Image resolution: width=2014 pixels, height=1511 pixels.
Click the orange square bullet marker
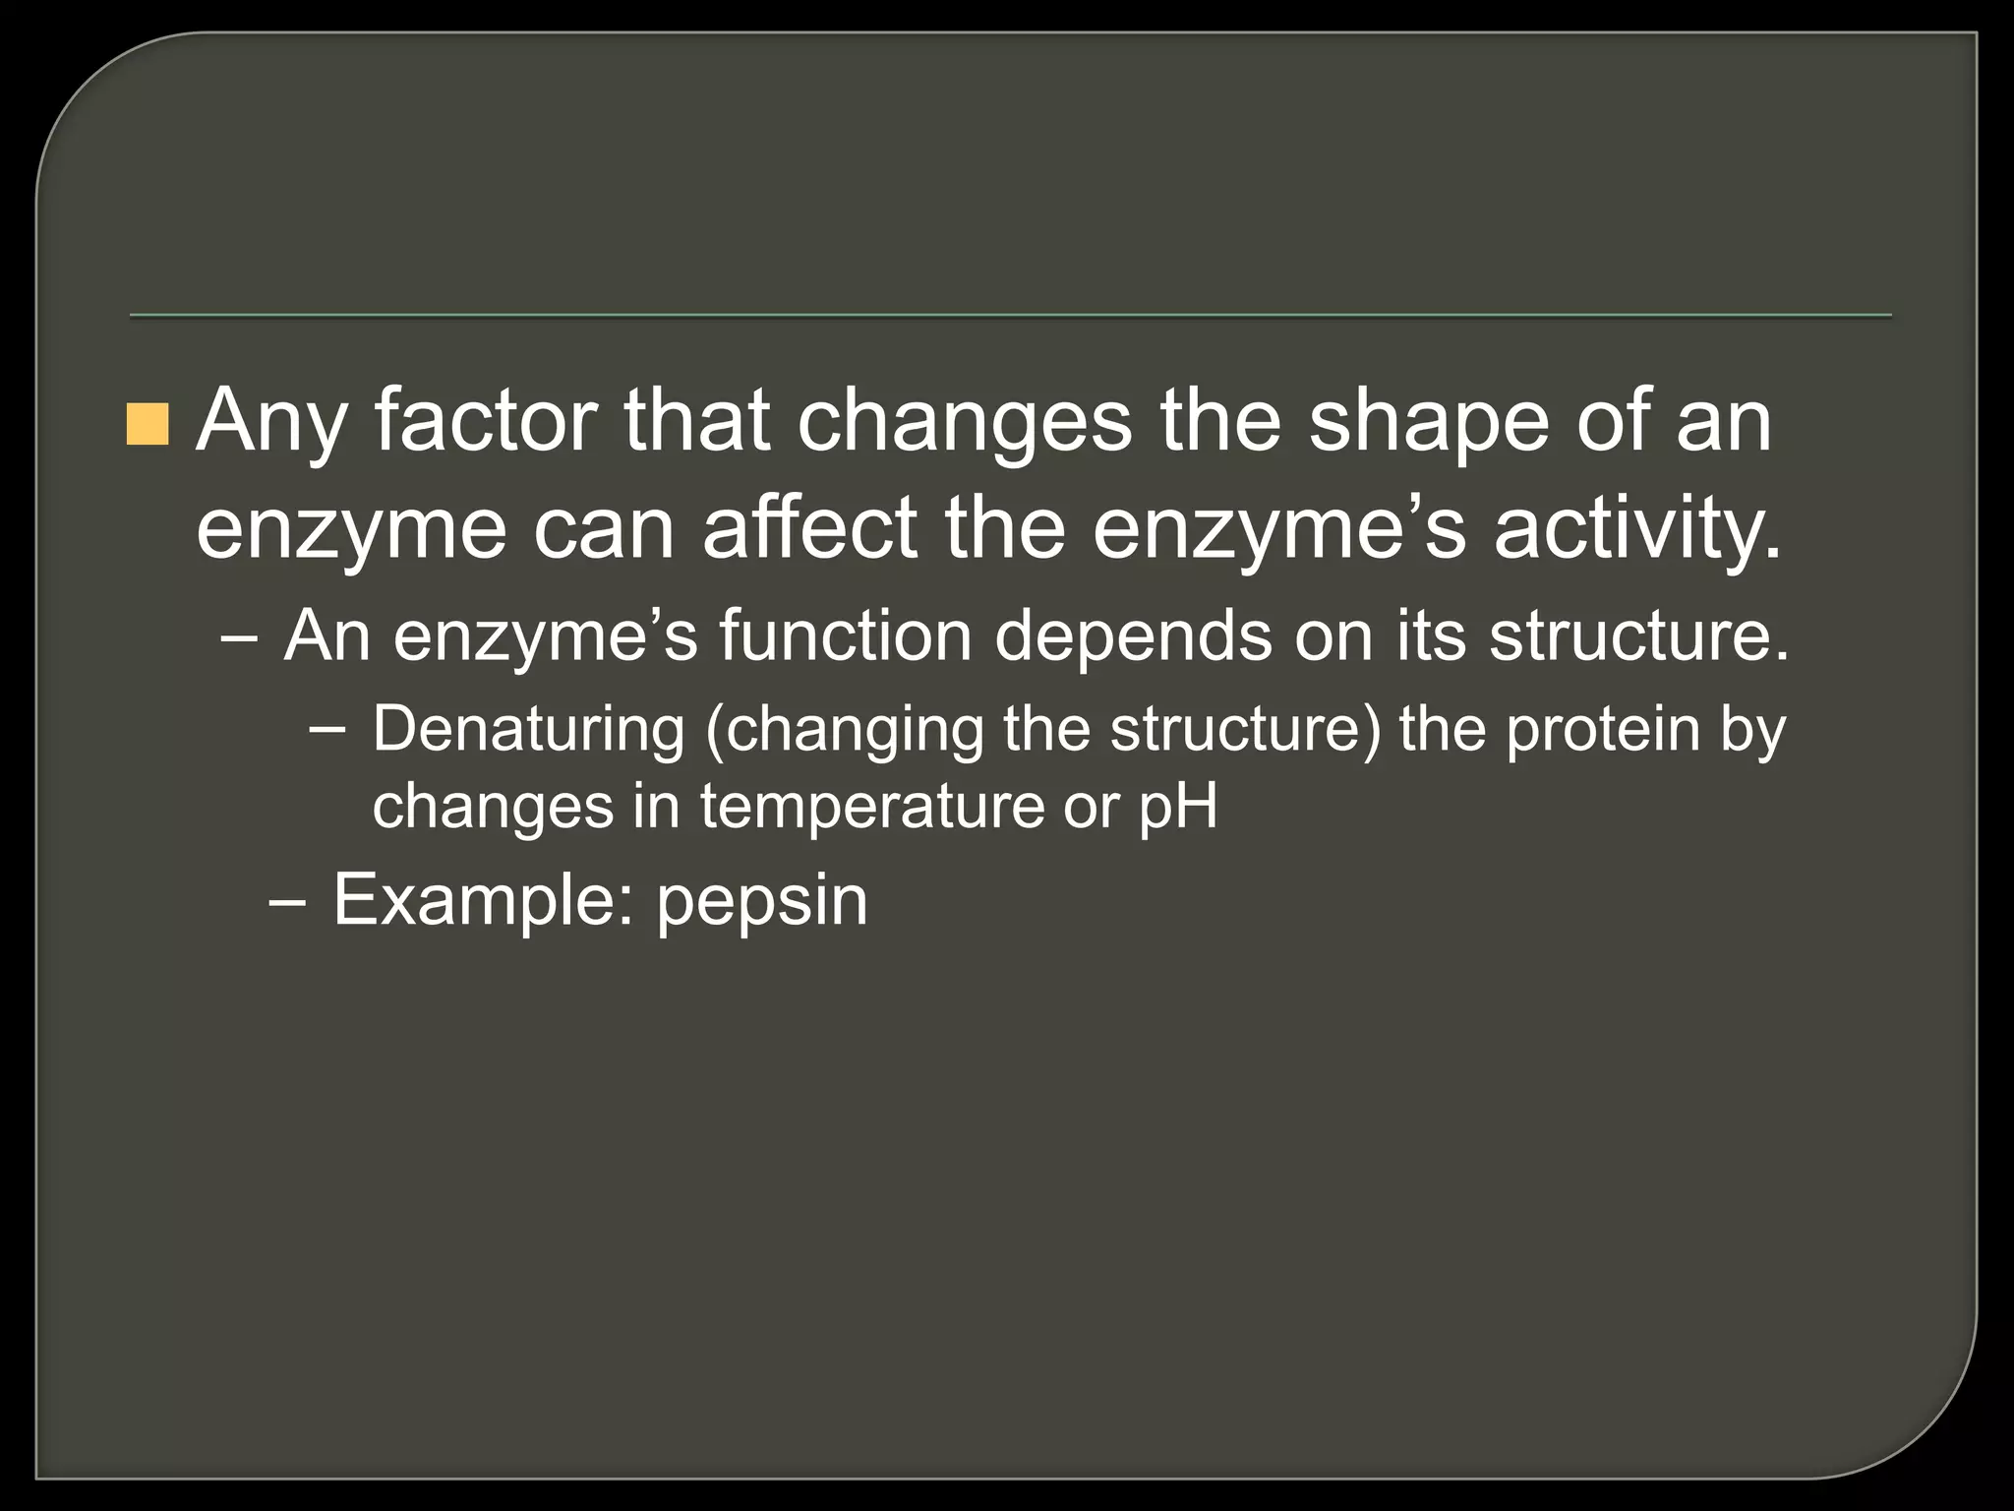[x=148, y=423]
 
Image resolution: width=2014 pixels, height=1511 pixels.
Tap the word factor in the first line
[x=486, y=421]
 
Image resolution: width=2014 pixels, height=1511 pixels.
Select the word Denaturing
[x=528, y=730]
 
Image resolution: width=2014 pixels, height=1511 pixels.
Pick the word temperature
[x=870, y=807]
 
